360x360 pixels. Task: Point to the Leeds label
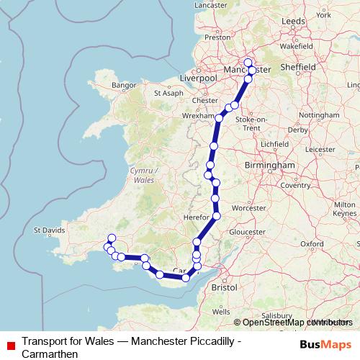point(294,22)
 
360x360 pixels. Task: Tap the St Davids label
point(49,231)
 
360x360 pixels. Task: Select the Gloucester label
point(247,233)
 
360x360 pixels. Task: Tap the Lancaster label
point(211,5)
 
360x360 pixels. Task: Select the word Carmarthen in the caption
point(49,354)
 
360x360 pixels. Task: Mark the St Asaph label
point(169,93)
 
